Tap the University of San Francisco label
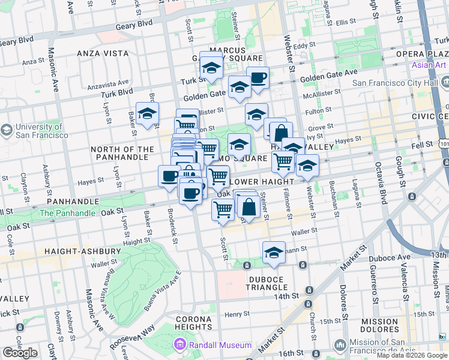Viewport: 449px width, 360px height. [38, 131]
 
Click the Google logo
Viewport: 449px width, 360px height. [20, 353]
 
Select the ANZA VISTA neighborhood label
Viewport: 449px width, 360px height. [101, 53]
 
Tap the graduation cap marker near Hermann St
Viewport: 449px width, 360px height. [274, 252]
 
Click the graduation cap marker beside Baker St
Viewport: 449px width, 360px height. [147, 113]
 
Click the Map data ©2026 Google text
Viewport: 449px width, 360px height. [411, 355]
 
